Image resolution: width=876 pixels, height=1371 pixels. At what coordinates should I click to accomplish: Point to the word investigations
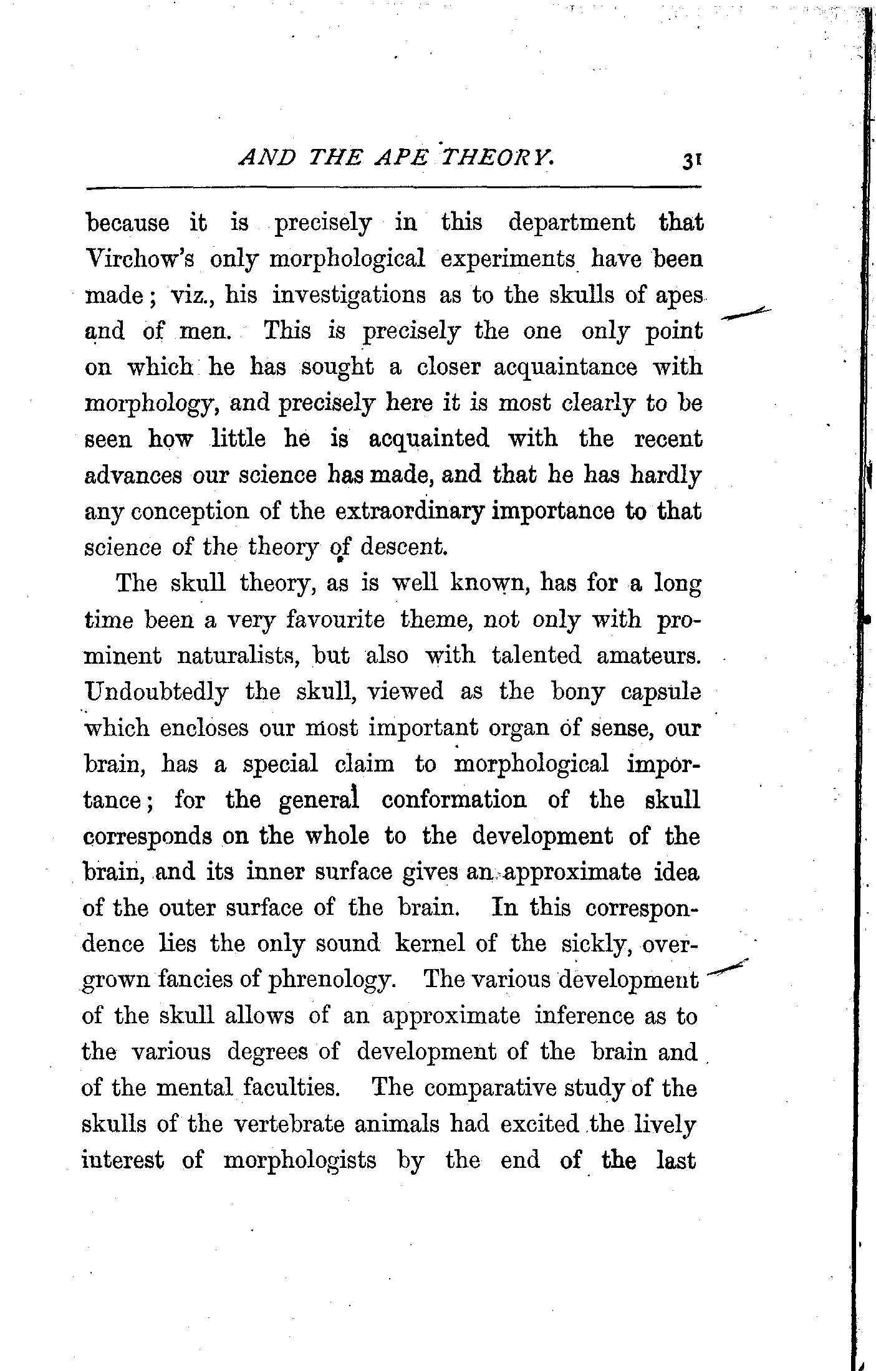tap(349, 295)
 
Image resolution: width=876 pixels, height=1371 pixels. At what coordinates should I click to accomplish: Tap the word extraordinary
tap(410, 512)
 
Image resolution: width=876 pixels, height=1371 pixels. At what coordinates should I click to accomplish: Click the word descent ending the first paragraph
tap(404, 547)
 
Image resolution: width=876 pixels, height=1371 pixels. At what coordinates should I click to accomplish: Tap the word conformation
tap(454, 800)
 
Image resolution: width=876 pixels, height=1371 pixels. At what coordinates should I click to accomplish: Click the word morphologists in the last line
tap(300, 1160)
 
